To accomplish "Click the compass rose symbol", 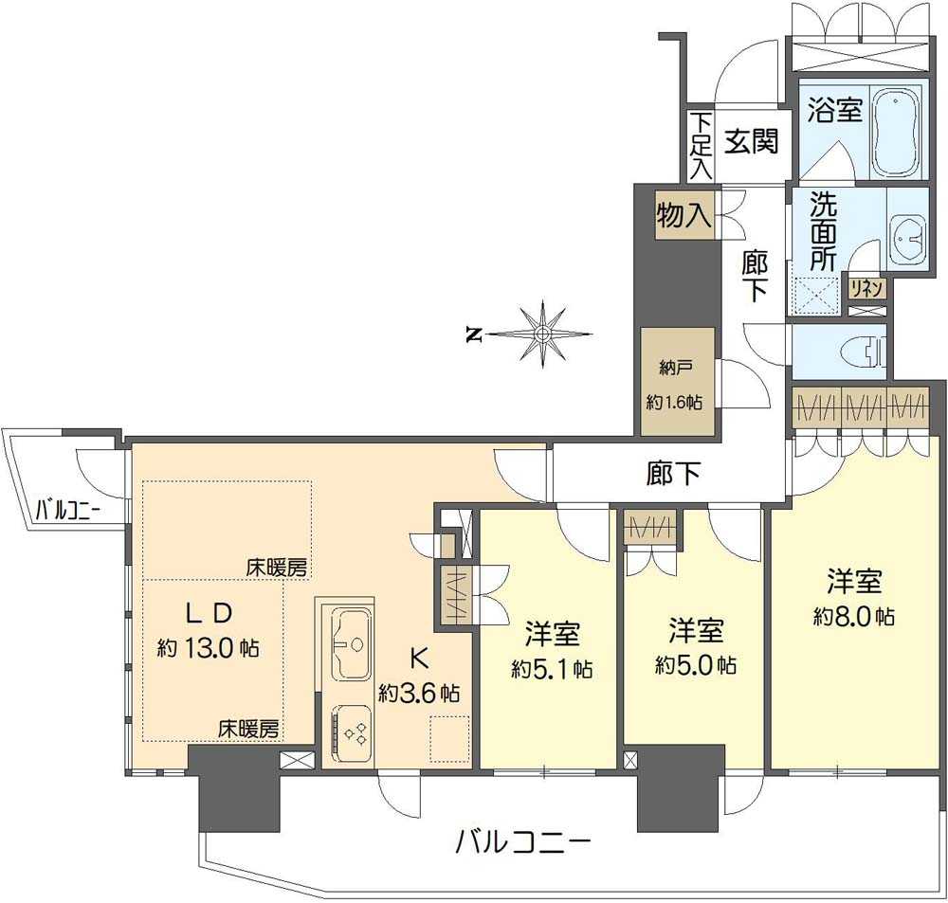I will pos(541,334).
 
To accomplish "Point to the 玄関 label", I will pos(752,142).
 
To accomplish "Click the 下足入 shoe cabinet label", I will pos(700,146).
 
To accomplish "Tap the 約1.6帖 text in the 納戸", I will pos(674,402).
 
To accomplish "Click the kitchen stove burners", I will pos(355,733).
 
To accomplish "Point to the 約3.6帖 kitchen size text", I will pos(418,692).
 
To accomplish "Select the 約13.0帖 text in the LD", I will pos(209,649).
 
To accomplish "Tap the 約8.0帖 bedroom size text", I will pos(853,616).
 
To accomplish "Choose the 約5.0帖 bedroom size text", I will pos(695,664).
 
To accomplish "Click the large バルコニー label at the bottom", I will pos(523,841).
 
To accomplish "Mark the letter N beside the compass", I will pos(471,334).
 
